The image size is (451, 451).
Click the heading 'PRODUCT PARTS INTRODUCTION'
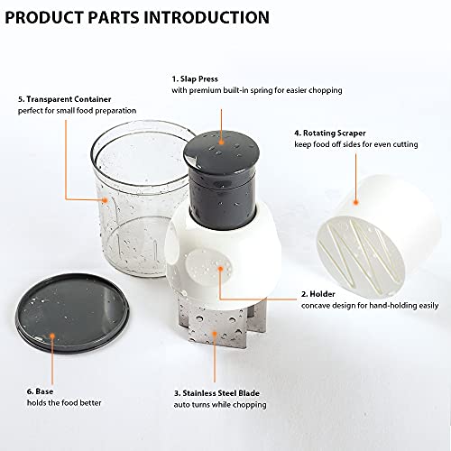coord(137,17)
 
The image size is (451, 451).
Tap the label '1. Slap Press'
coord(195,79)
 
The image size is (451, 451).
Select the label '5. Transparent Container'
coord(65,99)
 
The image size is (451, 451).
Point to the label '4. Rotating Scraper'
coord(330,133)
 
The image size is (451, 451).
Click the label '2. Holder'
coord(318,294)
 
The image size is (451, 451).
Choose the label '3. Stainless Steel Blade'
coord(216,393)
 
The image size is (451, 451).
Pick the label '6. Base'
coord(40,391)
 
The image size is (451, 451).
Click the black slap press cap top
coord(222,149)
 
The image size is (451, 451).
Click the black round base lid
coord(72,313)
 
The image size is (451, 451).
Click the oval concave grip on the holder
coord(208,267)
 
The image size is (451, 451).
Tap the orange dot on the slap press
coord(222,142)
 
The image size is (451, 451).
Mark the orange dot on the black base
coord(52,336)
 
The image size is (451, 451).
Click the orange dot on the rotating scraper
coord(356,203)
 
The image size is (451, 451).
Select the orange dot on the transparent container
coord(105,199)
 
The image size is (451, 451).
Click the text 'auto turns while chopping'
coord(220,405)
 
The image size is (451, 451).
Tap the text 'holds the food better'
coord(64,403)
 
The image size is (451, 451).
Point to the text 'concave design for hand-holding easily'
coord(370,306)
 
